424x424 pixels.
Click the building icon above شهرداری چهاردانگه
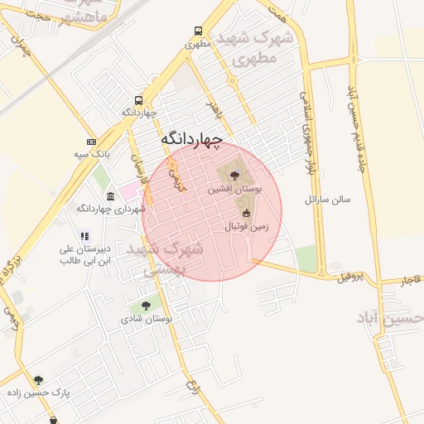coord(110,196)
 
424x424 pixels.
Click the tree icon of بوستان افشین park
coord(235,175)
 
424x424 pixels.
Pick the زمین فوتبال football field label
coord(246,225)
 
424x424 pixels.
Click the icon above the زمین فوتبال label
coord(246,213)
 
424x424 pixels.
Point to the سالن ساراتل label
coord(329,200)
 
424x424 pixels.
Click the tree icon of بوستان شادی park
coord(147,306)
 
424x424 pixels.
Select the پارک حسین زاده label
coord(39,393)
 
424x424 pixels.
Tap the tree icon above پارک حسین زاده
coord(38,381)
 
